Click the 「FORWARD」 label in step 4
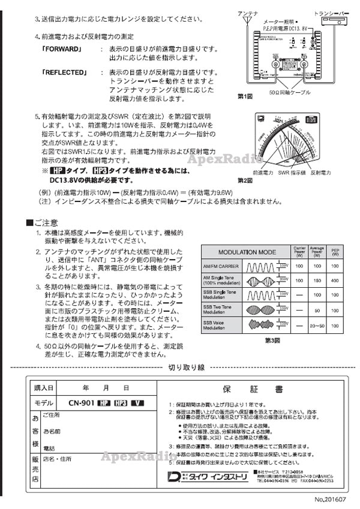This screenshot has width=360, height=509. (x=62, y=49)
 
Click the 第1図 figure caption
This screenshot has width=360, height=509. (x=245, y=96)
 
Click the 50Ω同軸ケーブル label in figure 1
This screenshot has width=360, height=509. (x=290, y=94)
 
